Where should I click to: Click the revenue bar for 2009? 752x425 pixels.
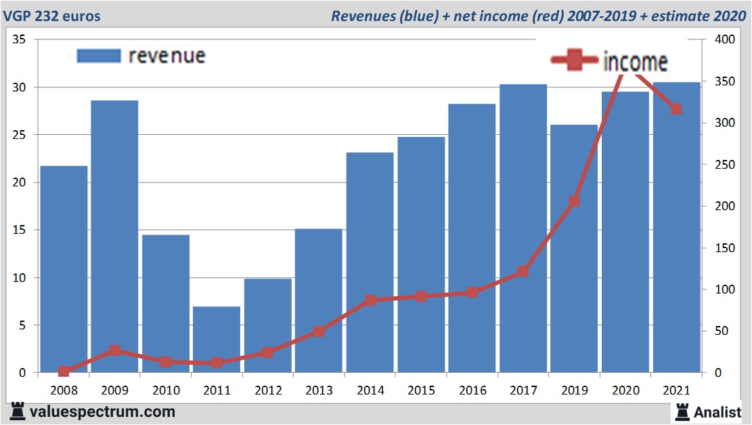click(114, 237)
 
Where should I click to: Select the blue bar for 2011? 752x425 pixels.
click(217, 339)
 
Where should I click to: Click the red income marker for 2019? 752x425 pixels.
click(574, 201)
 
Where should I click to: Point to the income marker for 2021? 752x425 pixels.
click(676, 109)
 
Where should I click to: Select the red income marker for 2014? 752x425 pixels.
click(370, 300)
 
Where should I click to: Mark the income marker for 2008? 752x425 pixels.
click(64, 371)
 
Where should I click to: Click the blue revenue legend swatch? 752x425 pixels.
click(99, 56)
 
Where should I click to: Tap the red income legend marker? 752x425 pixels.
click(575, 61)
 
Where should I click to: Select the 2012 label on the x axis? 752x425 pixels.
click(268, 390)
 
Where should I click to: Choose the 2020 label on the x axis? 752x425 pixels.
click(625, 390)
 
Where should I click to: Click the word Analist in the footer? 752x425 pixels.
click(717, 411)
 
